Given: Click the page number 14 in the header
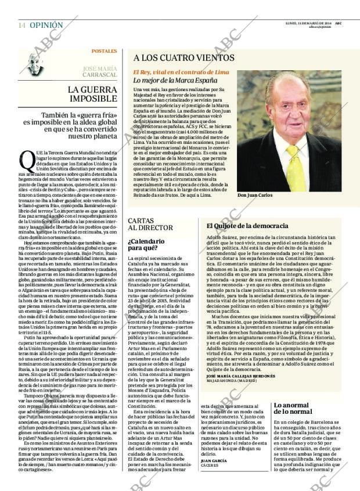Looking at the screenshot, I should [21, 26].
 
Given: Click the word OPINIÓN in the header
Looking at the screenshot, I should [46, 26].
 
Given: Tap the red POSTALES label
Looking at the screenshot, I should [105, 52].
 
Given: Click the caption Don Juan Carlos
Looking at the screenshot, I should [254, 195].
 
